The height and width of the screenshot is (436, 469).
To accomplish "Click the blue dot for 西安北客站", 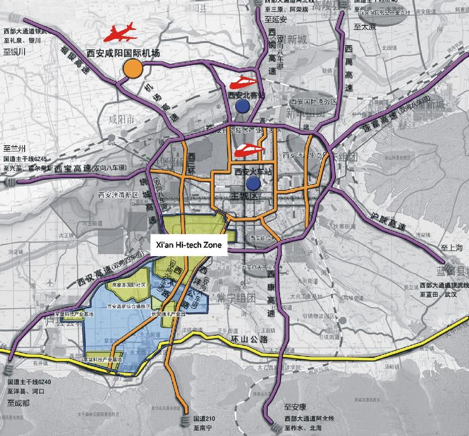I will pos(241,105).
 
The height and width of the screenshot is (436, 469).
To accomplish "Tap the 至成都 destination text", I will pos(21,403).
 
